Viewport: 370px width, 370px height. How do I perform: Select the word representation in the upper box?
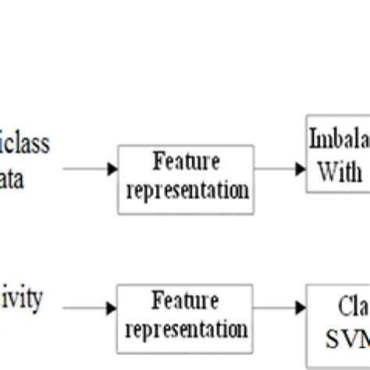pyautogui.click(x=186, y=190)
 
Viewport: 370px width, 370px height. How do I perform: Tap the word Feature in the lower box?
pyautogui.click(x=186, y=299)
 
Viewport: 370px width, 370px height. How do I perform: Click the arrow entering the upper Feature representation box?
pyautogui.click(x=90, y=169)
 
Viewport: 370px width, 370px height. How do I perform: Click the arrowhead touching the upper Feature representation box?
pyautogui.click(x=113, y=169)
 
